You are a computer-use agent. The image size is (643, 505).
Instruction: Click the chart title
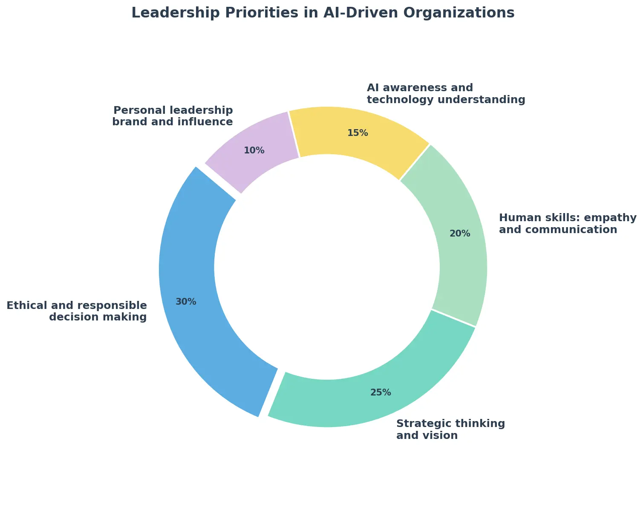tap(323, 13)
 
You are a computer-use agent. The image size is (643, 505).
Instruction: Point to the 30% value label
tap(186, 302)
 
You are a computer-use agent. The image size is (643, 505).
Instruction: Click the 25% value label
tap(381, 392)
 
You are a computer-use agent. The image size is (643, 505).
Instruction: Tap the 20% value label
tap(460, 234)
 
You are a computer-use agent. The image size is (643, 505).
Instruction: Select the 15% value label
tap(358, 133)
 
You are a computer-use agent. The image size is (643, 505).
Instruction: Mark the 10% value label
tap(254, 150)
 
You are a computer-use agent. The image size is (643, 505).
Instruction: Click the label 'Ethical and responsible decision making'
tap(77, 311)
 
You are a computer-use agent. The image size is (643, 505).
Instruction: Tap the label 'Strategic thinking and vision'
tap(450, 430)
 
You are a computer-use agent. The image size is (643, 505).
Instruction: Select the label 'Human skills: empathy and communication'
tap(567, 224)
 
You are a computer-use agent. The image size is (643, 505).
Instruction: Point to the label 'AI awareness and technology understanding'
tap(446, 94)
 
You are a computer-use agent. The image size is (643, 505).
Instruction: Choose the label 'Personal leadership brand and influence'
tap(173, 116)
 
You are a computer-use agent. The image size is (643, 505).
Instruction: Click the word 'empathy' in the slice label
tap(612, 218)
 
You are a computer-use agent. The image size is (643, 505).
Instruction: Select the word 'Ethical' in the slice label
tap(24, 306)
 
